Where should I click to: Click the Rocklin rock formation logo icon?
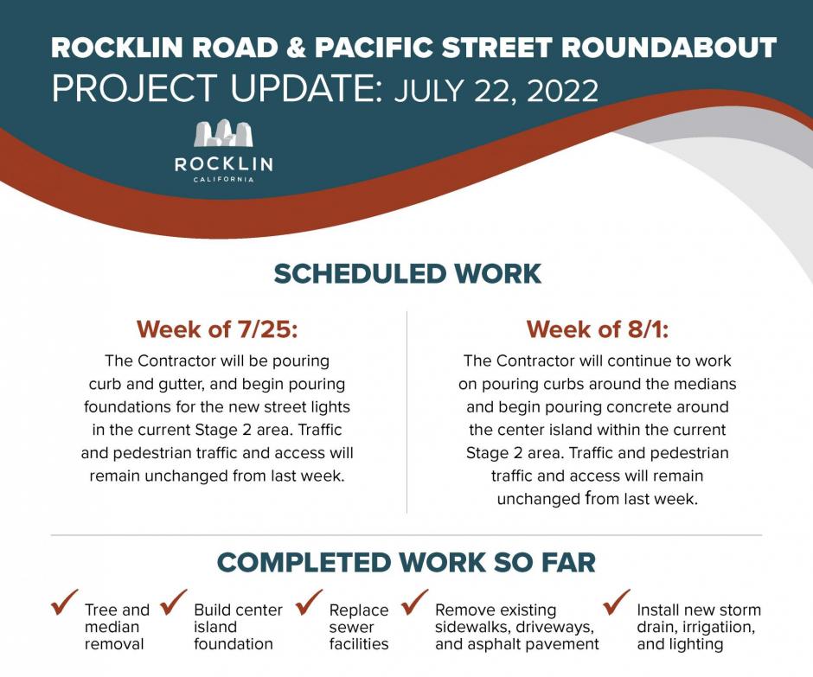(x=223, y=133)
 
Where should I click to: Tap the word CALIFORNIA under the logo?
(x=223, y=179)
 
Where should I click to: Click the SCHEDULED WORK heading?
(x=407, y=274)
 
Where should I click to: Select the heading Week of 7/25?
(x=217, y=329)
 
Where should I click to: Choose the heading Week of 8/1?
(x=598, y=329)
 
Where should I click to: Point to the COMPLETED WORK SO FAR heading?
(x=406, y=563)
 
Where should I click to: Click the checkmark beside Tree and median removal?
(x=65, y=602)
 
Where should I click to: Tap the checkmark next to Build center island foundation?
(x=174, y=602)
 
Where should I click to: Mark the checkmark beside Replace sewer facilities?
(x=309, y=602)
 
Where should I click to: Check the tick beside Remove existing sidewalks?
(x=415, y=602)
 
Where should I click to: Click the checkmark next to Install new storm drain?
(x=617, y=602)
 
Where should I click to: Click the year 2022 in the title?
(x=562, y=91)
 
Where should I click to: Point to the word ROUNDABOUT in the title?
(x=669, y=48)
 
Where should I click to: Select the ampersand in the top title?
(x=297, y=48)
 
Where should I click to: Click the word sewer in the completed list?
(x=351, y=627)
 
